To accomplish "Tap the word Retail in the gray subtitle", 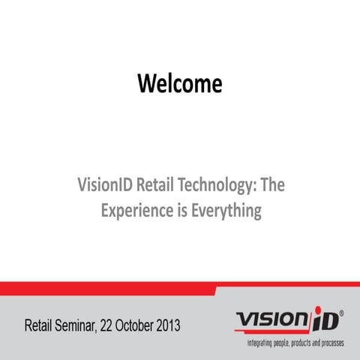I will coord(163,184).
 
